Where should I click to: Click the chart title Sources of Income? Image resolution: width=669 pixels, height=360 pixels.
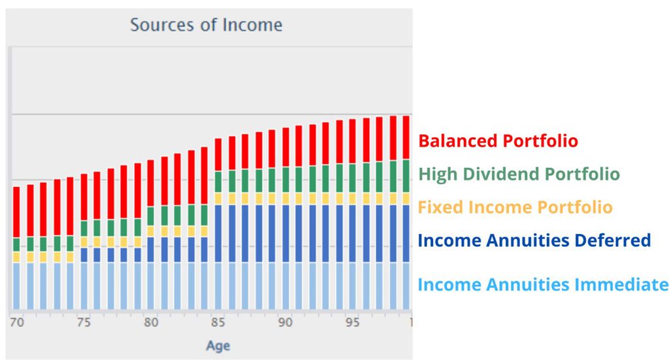206,25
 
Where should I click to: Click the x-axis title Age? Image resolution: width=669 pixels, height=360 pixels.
218,346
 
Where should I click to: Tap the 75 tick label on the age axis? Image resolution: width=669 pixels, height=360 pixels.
84,322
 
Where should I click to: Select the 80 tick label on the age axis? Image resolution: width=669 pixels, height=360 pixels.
151,322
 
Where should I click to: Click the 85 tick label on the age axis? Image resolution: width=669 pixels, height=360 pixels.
218,322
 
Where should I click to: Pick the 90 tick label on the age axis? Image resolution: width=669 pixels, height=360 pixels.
286,322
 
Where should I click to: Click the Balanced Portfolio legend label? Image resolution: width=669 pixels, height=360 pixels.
498,141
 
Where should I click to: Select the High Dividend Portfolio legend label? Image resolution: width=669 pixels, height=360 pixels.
519,174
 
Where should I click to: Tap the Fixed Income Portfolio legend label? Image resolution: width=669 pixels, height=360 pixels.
515,208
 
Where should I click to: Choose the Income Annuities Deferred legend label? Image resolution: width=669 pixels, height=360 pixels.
534,240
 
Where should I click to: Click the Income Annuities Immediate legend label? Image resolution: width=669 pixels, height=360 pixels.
542,285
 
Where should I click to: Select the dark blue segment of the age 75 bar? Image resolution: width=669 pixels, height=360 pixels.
84,254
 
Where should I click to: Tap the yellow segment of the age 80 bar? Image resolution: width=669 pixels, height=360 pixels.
151,231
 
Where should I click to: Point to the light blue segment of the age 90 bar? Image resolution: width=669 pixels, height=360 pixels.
286,286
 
